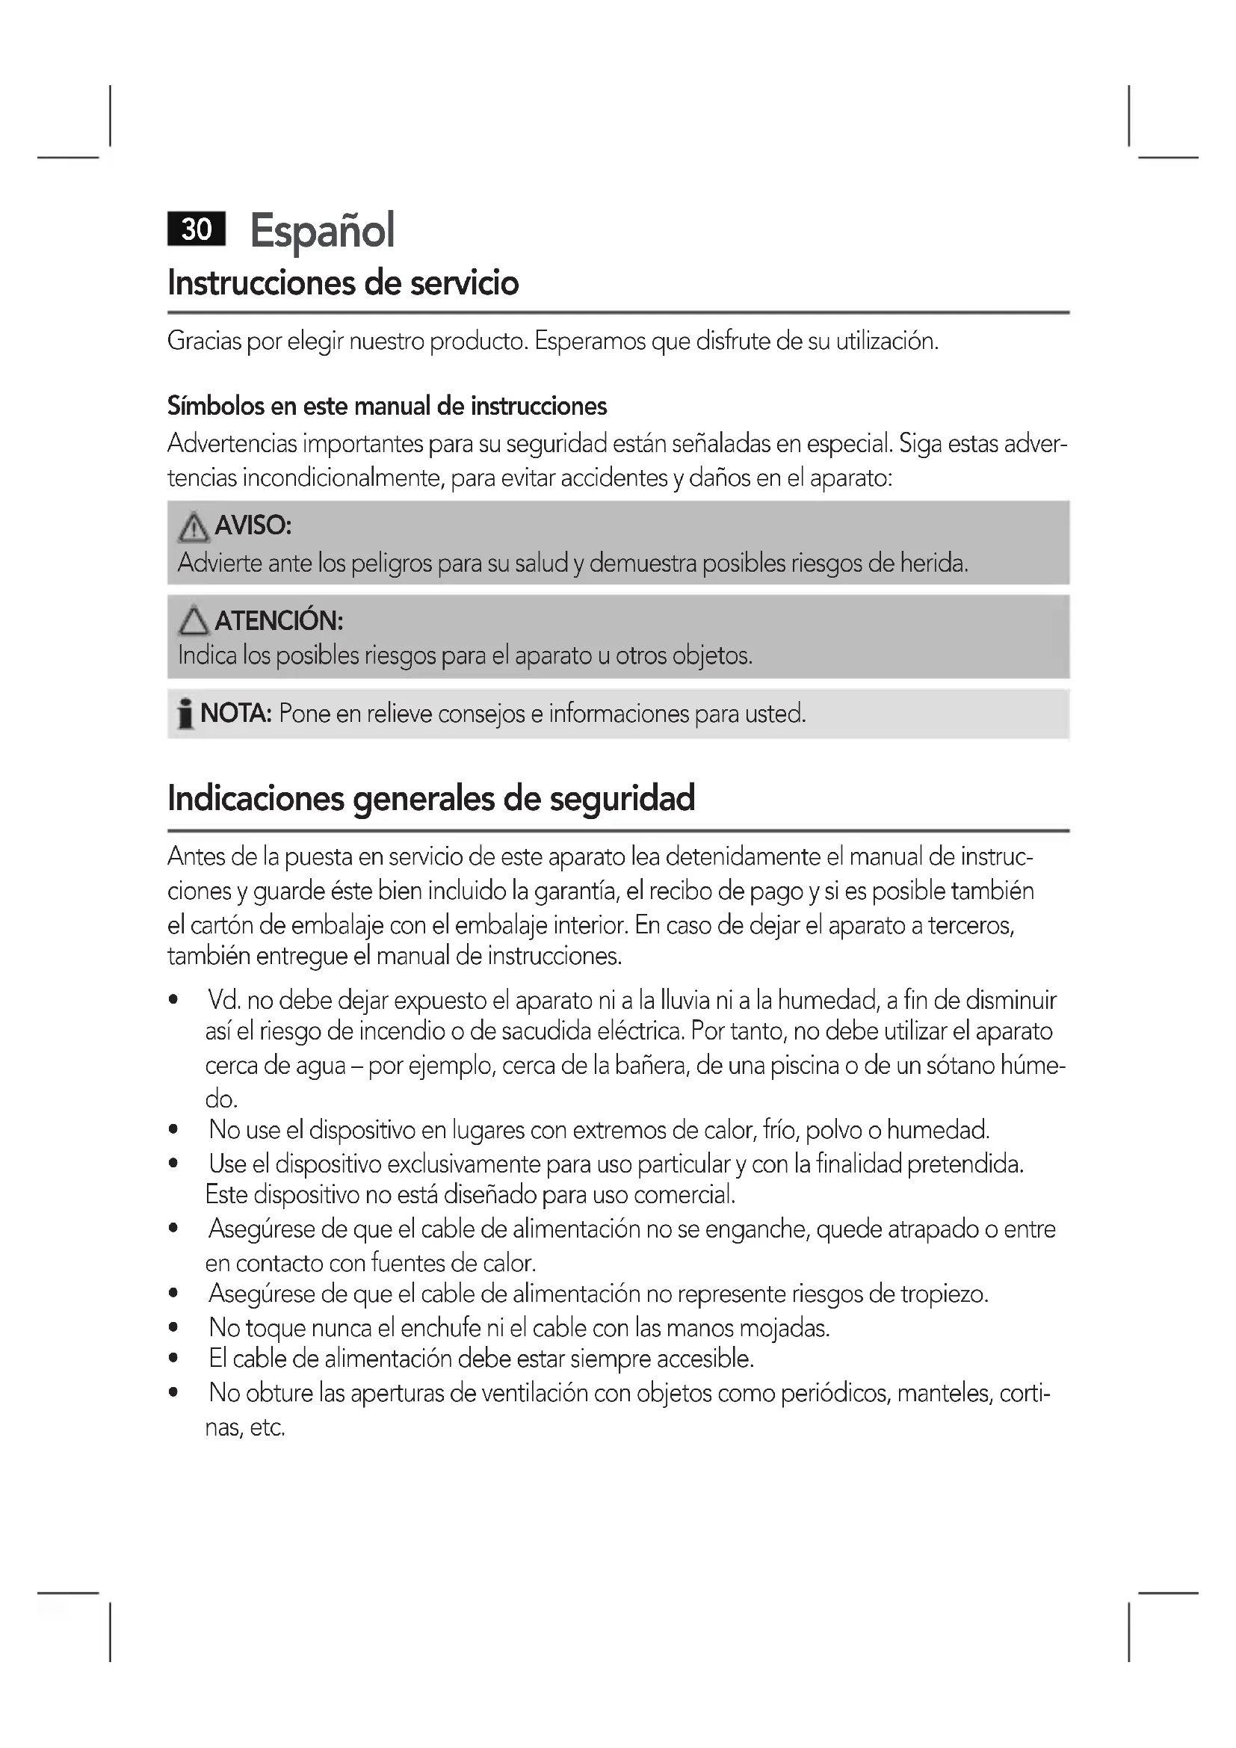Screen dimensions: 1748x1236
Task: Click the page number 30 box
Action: click(197, 229)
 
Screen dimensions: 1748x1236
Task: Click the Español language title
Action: click(322, 230)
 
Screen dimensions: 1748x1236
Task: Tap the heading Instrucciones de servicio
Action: click(342, 283)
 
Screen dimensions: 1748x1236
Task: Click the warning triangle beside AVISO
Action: click(194, 528)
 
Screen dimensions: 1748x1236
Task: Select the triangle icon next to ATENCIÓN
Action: click(194, 622)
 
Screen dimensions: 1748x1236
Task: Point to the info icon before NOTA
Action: click(185, 715)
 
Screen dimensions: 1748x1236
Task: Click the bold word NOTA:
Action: click(236, 714)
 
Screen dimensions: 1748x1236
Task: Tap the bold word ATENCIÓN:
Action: click(279, 621)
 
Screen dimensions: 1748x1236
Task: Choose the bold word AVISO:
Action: click(253, 525)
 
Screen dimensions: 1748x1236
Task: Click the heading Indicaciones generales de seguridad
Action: click(430, 798)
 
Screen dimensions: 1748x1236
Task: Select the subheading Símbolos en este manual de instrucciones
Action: click(386, 407)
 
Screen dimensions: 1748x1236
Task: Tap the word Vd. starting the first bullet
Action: click(223, 1001)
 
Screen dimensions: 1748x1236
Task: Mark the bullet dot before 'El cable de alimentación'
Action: click(174, 1359)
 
